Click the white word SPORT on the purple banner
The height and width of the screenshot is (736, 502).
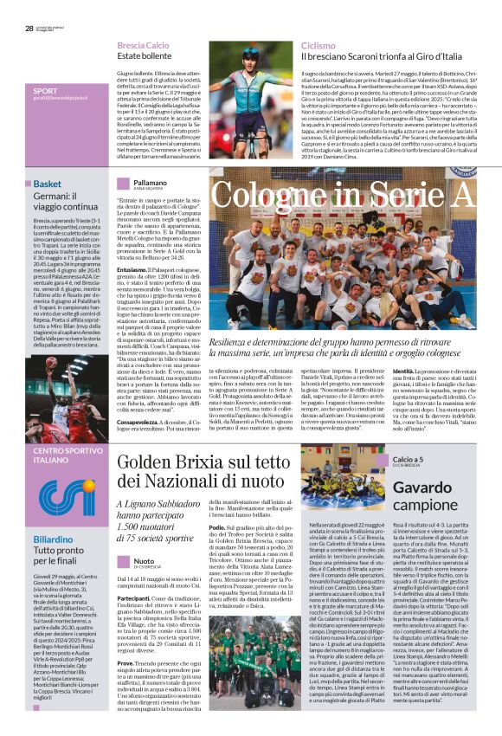click(x=45, y=90)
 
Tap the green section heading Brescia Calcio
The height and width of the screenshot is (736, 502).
click(x=143, y=44)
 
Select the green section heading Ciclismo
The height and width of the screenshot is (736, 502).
click(x=318, y=44)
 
